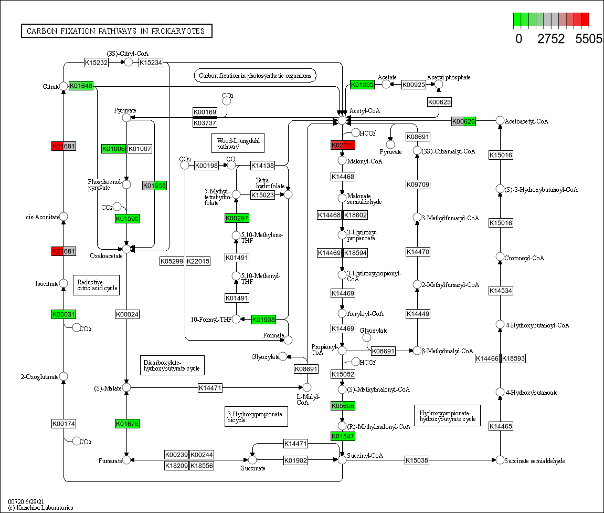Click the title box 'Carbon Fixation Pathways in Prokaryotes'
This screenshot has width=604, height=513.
click(116, 31)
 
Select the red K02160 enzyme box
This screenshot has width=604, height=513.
click(343, 145)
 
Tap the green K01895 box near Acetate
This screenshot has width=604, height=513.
click(362, 84)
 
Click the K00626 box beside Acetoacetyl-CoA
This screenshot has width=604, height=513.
click(464, 121)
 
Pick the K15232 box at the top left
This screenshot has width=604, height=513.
click(97, 63)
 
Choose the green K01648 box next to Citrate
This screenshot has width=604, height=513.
click(81, 86)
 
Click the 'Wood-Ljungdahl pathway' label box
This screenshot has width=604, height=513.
click(238, 143)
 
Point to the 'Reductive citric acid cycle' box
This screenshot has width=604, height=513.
click(96, 285)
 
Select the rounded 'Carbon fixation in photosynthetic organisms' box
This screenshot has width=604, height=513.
click(255, 76)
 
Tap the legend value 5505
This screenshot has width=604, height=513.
click(588, 39)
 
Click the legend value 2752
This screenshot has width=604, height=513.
click(551, 39)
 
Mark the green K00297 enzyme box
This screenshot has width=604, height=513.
click(237, 218)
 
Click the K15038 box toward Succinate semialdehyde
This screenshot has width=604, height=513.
click(417, 460)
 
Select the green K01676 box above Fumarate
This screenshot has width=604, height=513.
click(127, 423)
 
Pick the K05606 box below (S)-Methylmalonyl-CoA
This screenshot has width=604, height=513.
click(343, 406)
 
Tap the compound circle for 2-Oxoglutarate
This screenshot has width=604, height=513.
click(63, 376)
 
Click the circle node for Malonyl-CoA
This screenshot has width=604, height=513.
click(342, 160)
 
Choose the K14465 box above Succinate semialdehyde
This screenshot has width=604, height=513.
click(500, 426)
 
